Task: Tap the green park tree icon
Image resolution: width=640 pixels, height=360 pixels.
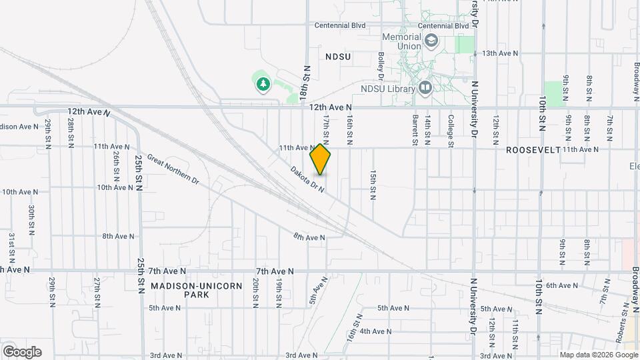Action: point(263,84)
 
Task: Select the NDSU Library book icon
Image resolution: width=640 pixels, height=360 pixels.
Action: point(425,87)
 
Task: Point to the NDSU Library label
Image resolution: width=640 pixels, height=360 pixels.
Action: point(388,88)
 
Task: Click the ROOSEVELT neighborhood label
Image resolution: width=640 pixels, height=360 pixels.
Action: point(533,150)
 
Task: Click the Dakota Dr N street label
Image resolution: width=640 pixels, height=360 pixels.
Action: point(307,179)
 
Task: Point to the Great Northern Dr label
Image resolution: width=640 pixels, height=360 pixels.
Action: point(173,169)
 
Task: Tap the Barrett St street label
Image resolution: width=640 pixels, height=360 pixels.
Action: point(415,129)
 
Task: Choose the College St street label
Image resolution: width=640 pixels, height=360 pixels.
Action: point(451,129)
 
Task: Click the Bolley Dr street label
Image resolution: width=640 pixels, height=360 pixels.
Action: point(381,65)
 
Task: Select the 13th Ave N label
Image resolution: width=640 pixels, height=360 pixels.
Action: point(499,53)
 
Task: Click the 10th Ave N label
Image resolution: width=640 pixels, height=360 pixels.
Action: point(20,192)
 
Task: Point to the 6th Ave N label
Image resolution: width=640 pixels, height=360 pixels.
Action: point(562,285)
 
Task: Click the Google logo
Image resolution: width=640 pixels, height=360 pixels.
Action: point(22,351)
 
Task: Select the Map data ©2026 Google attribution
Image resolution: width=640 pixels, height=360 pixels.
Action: point(598,354)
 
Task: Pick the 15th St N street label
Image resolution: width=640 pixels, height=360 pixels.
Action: point(373,183)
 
